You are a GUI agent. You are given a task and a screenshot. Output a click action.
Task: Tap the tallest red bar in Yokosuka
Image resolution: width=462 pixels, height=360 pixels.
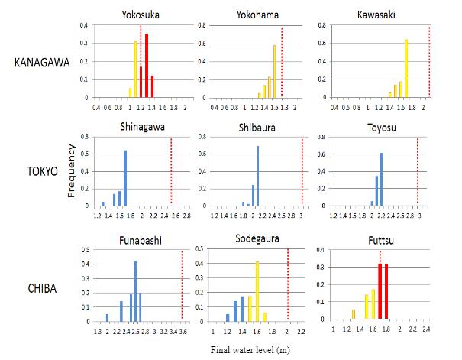(147, 66)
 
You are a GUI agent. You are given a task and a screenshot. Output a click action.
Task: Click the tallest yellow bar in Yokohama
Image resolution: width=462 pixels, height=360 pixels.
(275, 71)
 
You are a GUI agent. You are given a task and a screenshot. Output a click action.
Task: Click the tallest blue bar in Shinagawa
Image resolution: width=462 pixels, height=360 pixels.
(125, 178)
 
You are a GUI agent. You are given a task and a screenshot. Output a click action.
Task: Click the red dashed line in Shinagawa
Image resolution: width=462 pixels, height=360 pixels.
(171, 172)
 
